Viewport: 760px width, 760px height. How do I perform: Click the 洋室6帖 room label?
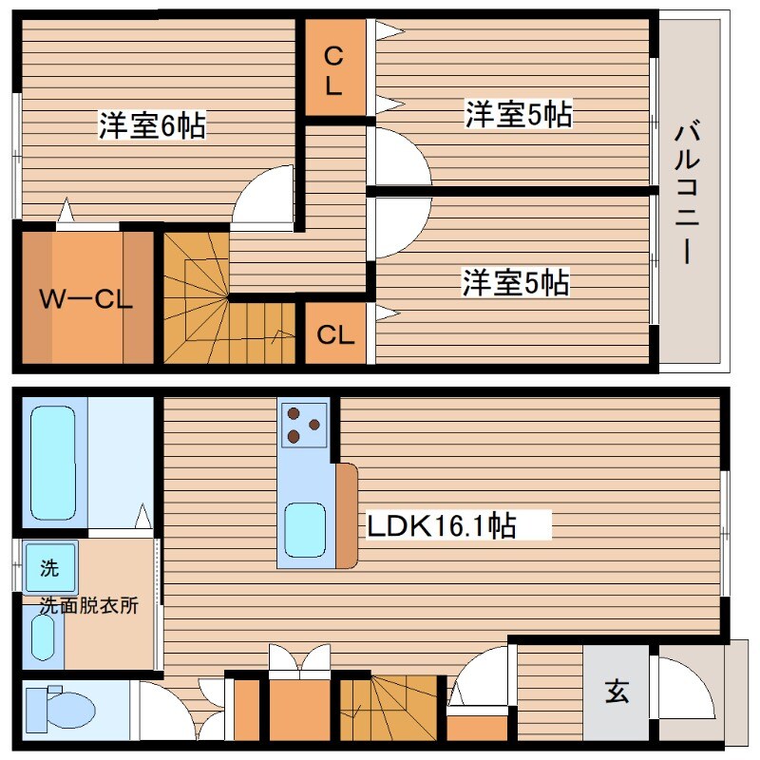point(152,125)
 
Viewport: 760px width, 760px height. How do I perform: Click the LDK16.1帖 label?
point(442,525)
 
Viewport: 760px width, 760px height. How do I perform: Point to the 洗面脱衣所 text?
point(88,606)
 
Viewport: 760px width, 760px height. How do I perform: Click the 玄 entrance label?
point(617,693)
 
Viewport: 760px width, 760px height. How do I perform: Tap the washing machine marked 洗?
point(47,569)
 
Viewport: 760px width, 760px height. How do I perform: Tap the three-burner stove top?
point(305,424)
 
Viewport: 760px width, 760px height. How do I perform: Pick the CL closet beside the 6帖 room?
point(332,71)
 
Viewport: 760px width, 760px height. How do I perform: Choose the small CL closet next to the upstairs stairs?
point(335,334)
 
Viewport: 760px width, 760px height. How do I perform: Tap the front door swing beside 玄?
point(684,689)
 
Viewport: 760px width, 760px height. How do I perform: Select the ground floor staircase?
point(389,708)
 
